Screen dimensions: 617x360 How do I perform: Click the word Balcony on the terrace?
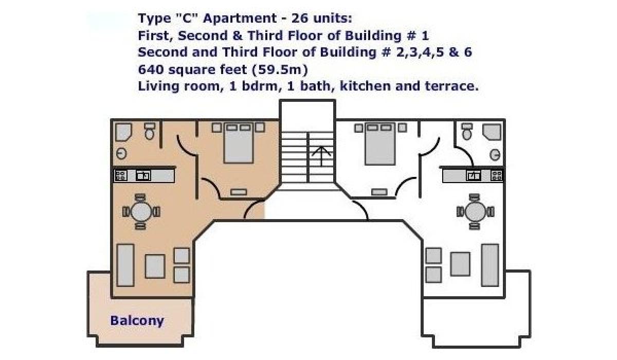[x=137, y=321]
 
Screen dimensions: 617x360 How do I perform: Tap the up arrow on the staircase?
[x=321, y=156]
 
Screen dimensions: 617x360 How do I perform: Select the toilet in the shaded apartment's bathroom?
[x=150, y=131]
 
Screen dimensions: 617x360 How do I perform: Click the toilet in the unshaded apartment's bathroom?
[x=467, y=131]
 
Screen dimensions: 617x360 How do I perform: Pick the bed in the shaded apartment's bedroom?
[x=239, y=143]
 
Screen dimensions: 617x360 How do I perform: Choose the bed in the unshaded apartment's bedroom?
[x=380, y=144]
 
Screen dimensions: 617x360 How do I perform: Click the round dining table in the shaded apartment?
[x=141, y=212]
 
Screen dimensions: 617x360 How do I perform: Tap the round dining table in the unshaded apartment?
[x=476, y=212]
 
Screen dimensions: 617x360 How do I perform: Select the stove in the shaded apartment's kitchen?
[x=121, y=175]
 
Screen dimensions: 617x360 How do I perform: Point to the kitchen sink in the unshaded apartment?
[x=474, y=175]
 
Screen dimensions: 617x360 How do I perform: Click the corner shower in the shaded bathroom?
[x=123, y=132]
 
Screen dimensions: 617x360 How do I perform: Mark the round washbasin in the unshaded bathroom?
[x=495, y=155]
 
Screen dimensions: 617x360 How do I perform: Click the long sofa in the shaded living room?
[x=125, y=265]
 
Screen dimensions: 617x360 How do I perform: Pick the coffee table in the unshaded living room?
[x=460, y=264]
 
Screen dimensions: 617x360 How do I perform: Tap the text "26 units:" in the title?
[x=322, y=19]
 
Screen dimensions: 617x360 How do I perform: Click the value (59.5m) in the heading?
[x=280, y=69]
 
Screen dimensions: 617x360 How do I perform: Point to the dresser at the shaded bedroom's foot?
[x=239, y=192]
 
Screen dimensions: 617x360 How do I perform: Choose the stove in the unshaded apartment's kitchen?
[x=497, y=175]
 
